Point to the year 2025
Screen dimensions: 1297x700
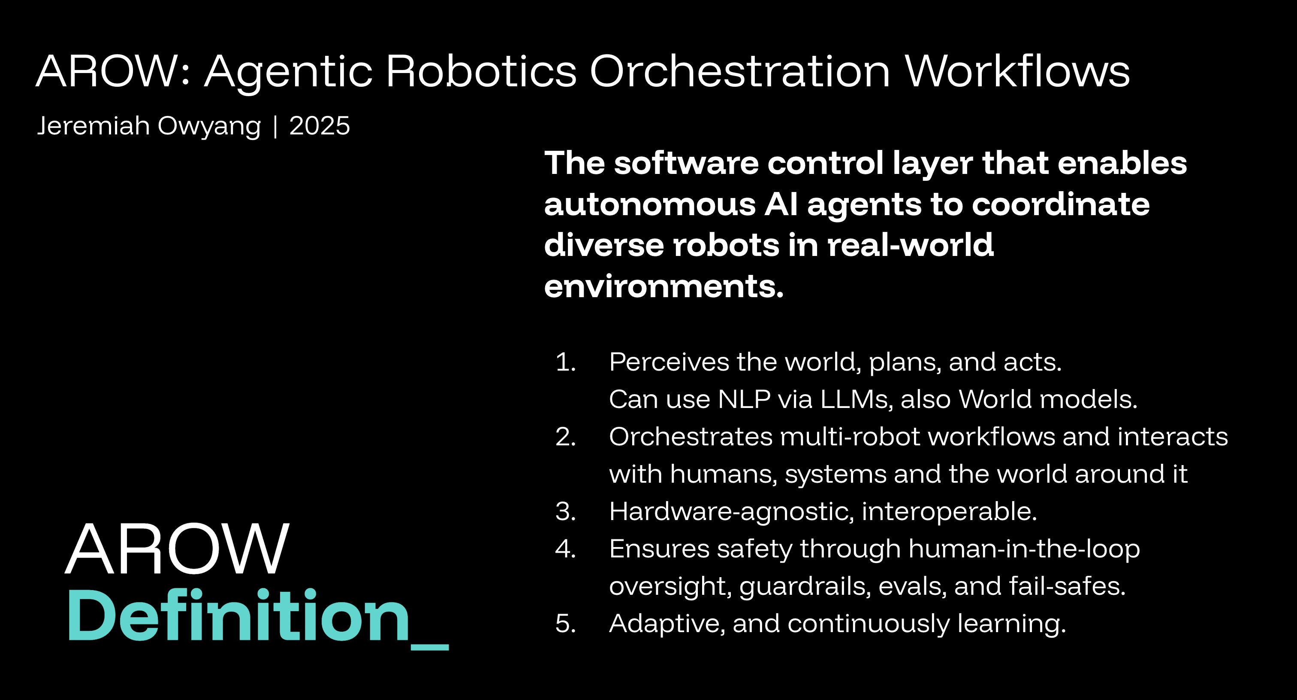pos(319,125)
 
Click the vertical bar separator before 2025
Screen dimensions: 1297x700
pos(275,126)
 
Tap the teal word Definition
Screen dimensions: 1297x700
pos(238,616)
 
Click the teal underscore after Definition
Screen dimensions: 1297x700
pos(429,647)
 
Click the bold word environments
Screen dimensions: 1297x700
pos(664,287)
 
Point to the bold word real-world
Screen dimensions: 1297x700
pos(910,245)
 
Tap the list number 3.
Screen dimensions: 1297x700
pos(565,511)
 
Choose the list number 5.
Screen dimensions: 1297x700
pos(565,624)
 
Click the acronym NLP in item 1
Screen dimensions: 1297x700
pos(744,399)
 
